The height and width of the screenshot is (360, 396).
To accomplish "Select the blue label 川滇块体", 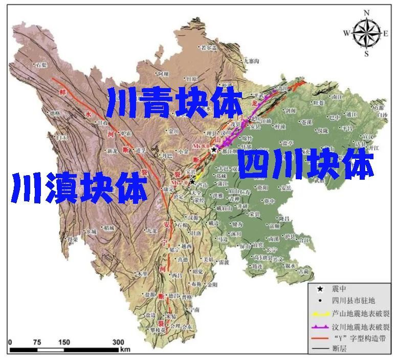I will (79, 187).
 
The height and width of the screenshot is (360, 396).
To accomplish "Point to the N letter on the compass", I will (366, 12).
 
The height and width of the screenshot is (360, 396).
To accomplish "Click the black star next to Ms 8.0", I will (214, 149).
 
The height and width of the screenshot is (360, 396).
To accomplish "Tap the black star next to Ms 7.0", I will (192, 181).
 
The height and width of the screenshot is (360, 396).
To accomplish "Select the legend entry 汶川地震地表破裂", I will (354, 326).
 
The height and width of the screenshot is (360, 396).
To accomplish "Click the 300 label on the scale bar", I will (118, 342).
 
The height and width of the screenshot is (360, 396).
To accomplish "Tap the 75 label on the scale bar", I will (37, 342).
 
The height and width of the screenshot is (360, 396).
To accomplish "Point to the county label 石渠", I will (41, 65).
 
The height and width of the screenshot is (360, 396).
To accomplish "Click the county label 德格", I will (55, 113).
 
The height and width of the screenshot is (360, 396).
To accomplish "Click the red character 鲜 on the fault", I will (64, 92).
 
